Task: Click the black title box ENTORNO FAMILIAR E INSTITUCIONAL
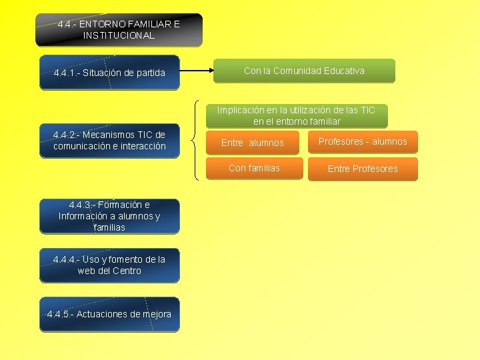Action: pyautogui.click(x=119, y=30)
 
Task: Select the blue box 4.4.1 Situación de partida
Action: pyautogui.click(x=109, y=72)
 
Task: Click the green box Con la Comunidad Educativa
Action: pyautogui.click(x=304, y=71)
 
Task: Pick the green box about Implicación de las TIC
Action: pyautogui.click(x=297, y=115)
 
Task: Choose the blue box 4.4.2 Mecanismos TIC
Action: pyautogui.click(x=109, y=141)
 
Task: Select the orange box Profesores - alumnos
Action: pyautogui.click(x=363, y=141)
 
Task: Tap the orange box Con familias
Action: pyautogui.click(x=254, y=168)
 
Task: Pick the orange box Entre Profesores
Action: pyautogui.click(x=363, y=169)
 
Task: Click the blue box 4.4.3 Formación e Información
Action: pyautogui.click(x=109, y=216)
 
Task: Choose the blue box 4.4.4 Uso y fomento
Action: pyautogui.click(x=109, y=265)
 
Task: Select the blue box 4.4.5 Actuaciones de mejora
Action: pyautogui.click(x=109, y=314)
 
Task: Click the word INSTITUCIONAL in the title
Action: pyautogui.click(x=119, y=35)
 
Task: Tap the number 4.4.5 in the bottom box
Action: pyautogui.click(x=60, y=314)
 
